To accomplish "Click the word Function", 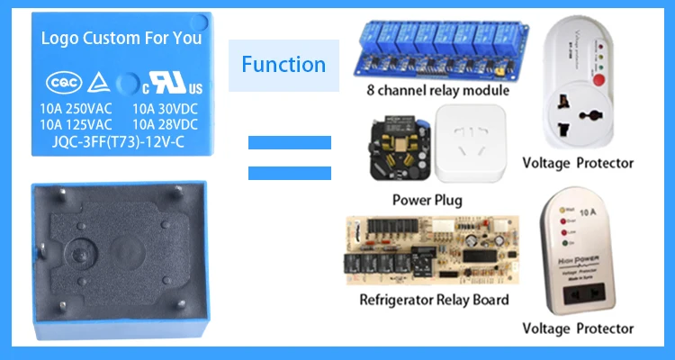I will point(283,64).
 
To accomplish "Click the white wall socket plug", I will point(470,143).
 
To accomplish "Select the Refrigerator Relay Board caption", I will point(434,300).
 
